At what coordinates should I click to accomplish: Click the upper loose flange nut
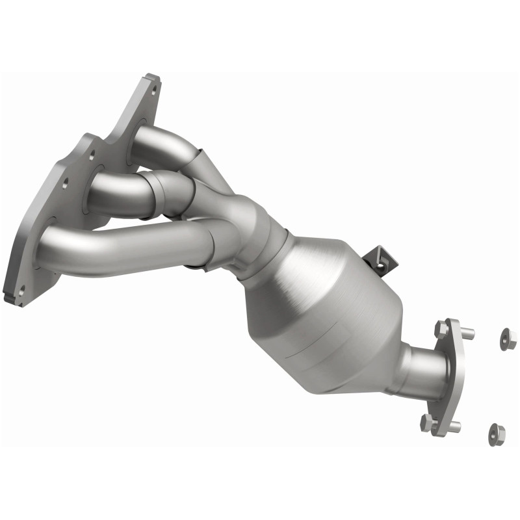coord(508,338)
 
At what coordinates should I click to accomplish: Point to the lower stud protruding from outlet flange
coord(453,427)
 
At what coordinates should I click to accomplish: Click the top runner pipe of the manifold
coord(162,140)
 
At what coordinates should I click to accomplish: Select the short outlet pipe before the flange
coord(416,370)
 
